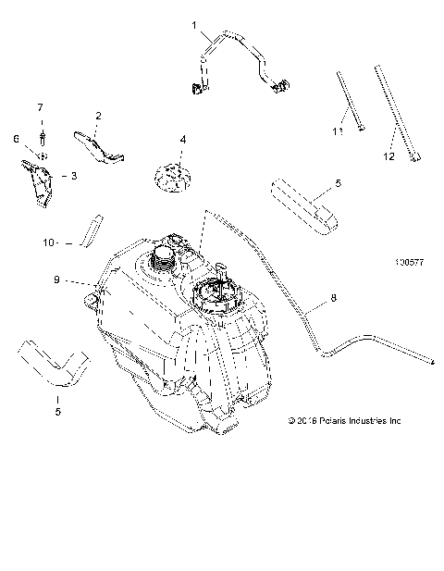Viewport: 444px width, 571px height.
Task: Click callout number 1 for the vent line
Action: pyautogui.click(x=195, y=26)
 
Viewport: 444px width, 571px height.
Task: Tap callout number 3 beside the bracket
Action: pyautogui.click(x=63, y=174)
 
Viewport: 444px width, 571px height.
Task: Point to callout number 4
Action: pyautogui.click(x=182, y=140)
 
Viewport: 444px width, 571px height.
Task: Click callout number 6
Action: pyautogui.click(x=16, y=139)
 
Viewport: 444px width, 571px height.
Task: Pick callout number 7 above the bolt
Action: pyautogui.click(x=40, y=107)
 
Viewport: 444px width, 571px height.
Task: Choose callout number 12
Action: pyautogui.click(x=388, y=156)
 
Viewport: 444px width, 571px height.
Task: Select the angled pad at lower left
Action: pyautogui.click(x=54, y=363)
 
